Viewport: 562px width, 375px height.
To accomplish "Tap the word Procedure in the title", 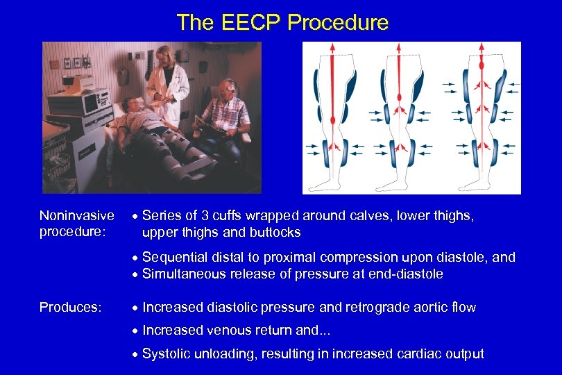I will [338, 23].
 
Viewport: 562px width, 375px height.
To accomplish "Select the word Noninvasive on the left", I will [77, 217].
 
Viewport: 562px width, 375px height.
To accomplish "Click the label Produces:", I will [68, 307].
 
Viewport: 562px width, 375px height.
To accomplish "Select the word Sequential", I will [174, 258].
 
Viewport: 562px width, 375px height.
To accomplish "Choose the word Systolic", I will [167, 353].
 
